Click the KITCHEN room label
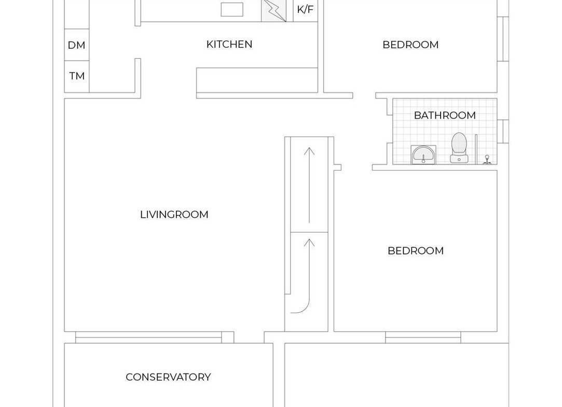coord(229,45)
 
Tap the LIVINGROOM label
coord(174,215)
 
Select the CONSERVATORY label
coord(168,377)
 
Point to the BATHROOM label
coord(445,115)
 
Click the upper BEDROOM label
coord(411,45)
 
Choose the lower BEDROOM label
coord(416,250)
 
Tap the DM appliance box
coord(77,45)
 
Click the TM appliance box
coord(77,76)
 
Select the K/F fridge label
coord(305,9)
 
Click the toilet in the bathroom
coord(459,148)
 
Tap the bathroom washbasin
coord(423,155)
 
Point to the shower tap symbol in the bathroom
coord(487,160)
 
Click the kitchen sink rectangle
coord(232,10)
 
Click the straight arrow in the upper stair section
coord(309,186)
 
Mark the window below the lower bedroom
coord(423,337)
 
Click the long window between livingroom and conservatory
coord(149,337)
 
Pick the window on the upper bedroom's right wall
coord(503,39)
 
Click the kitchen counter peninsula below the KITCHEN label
coord(257,80)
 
